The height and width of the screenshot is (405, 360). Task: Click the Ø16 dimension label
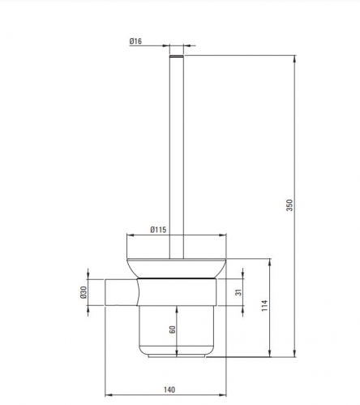point(135,41)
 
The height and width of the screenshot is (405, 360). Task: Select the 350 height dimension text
point(289,205)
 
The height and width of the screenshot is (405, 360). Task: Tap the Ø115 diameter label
point(158,230)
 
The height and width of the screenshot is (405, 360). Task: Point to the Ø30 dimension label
point(84,292)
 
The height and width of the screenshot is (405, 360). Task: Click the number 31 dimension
point(238,292)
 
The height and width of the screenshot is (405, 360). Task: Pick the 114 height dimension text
point(265,305)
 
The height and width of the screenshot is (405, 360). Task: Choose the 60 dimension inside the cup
point(172,330)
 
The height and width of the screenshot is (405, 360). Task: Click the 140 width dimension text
point(169,390)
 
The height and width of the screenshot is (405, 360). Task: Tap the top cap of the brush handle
point(177,56)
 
